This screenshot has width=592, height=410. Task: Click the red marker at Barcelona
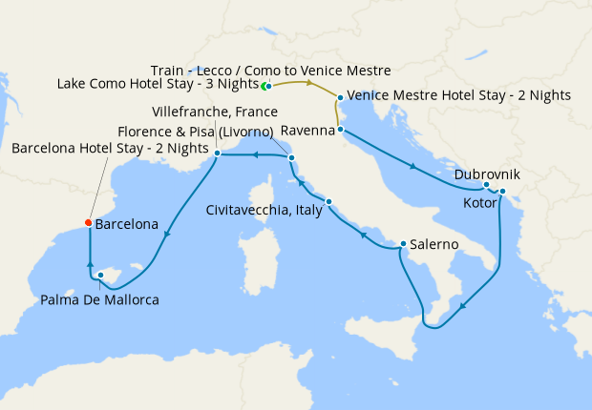click(88, 224)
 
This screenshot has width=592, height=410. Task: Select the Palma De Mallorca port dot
click(100, 276)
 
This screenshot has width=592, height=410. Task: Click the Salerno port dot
click(403, 243)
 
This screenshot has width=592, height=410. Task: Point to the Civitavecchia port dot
click(328, 201)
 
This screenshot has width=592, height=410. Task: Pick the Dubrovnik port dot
click(486, 185)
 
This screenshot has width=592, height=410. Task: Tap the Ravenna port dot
click(340, 129)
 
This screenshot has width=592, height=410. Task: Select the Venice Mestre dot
click(340, 96)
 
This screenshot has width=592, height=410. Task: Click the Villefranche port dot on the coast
click(218, 153)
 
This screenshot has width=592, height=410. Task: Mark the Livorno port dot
click(291, 157)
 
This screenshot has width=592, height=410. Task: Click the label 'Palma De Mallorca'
click(99, 299)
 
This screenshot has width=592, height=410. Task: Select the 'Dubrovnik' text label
click(487, 174)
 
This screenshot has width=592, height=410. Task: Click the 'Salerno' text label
click(436, 244)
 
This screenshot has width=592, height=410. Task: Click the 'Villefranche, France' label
click(215, 112)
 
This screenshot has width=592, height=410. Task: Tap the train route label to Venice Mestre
click(270, 70)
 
